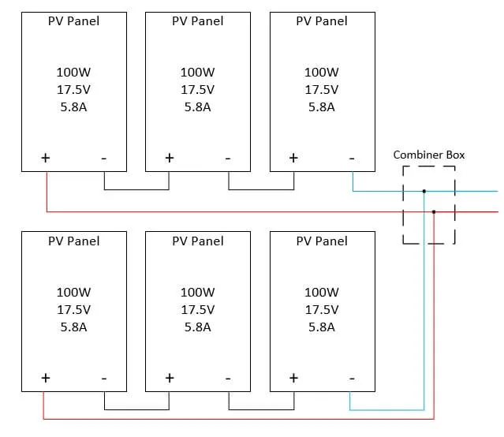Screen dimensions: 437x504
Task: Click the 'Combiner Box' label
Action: [428, 155]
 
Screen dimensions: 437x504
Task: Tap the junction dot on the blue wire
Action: [424, 191]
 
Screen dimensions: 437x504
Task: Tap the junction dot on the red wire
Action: [434, 211]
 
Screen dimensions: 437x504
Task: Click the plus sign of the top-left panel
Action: [46, 158]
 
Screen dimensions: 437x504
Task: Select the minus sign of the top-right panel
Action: [352, 159]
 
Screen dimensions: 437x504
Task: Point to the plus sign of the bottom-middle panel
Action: [169, 377]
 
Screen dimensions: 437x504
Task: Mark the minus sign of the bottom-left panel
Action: [104, 378]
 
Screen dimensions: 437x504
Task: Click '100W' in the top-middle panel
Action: [197, 72]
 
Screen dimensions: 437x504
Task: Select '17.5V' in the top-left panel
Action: [73, 89]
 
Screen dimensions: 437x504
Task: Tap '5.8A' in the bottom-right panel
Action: [322, 326]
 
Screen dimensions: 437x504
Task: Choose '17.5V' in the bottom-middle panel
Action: [197, 309]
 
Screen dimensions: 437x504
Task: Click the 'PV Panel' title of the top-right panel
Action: [321, 21]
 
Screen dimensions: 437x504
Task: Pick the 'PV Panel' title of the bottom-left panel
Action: [73, 241]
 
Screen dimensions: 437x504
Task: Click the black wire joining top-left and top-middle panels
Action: [136, 190]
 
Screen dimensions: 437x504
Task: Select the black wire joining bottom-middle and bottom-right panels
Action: [261, 409]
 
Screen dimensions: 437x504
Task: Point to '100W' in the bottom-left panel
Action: [73, 292]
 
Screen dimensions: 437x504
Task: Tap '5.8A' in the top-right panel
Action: [322, 106]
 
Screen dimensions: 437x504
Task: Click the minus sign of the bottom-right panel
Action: [352, 378]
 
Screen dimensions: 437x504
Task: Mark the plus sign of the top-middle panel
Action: [169, 158]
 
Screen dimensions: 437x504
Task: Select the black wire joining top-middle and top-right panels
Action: [261, 190]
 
